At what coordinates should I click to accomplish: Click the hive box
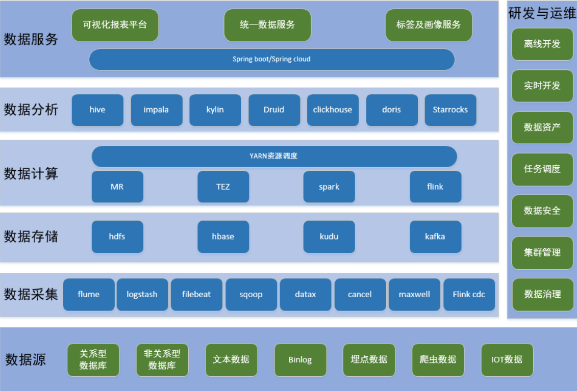coord(97,110)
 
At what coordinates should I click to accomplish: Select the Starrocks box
coord(450,110)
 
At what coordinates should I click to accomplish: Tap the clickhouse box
coord(333,110)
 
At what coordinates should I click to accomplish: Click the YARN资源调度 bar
coord(274,156)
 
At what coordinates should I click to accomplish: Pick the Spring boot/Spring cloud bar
coord(271,59)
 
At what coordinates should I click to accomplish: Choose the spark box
coord(329,187)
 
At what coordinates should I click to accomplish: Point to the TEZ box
coord(223,187)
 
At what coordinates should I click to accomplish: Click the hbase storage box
coord(223,237)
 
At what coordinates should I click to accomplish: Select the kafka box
coord(435,237)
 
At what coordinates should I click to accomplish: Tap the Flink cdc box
coord(469,294)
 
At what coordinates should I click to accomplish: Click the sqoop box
coord(251,294)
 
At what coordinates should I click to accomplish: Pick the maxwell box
coord(414,294)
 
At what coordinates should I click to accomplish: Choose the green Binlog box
coord(300,359)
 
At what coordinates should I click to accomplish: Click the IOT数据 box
coord(507,359)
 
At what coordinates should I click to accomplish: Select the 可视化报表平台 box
coord(115,24)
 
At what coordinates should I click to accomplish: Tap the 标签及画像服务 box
coord(429,24)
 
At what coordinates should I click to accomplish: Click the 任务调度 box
coord(542,169)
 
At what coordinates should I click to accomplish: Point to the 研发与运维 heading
coord(542,13)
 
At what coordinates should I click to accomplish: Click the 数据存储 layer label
coord(31,237)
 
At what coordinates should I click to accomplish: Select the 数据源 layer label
coord(26,359)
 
